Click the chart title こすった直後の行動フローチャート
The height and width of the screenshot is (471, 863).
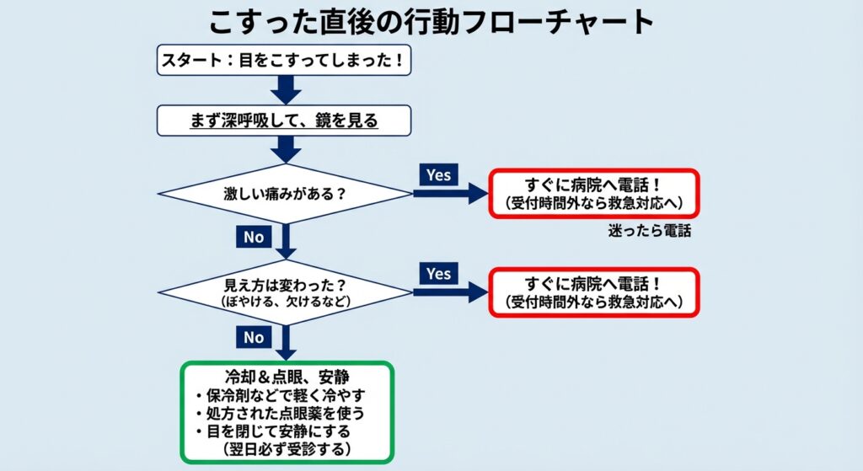431,21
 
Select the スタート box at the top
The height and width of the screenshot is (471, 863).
285,61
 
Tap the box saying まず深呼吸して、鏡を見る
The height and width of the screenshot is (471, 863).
285,120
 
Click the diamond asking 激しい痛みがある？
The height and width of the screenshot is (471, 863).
285,193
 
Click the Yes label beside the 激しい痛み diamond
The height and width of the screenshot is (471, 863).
438,175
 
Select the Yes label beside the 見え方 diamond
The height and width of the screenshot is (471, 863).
438,273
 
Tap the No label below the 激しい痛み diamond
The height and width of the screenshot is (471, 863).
254,237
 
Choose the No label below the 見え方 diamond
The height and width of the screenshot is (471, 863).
254,337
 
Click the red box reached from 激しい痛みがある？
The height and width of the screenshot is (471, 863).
594,194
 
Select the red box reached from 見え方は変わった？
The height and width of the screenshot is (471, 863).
594,292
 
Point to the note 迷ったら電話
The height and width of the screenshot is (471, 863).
649,231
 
